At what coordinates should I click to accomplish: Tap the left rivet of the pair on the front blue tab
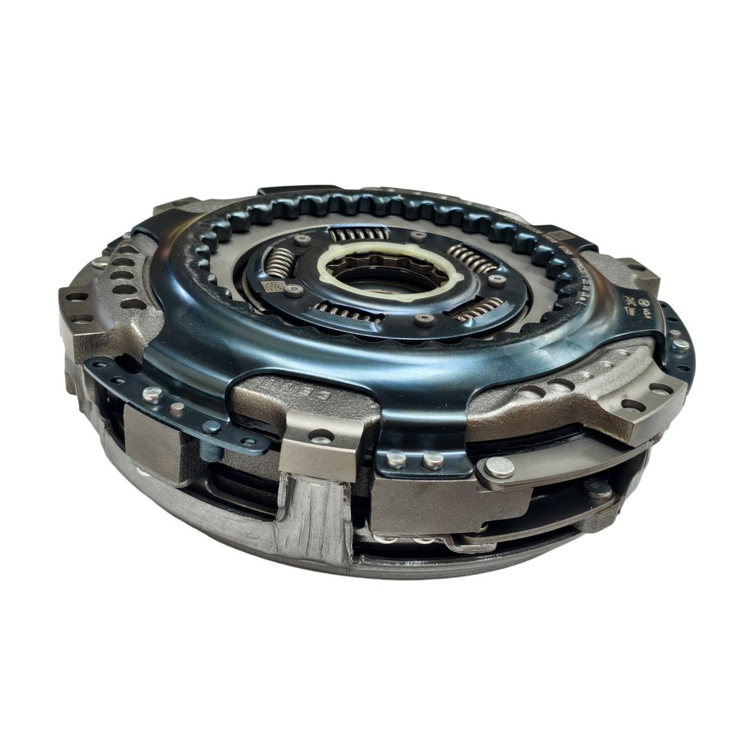pos(397,460)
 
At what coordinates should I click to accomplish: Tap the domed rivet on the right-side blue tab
pos(680,345)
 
